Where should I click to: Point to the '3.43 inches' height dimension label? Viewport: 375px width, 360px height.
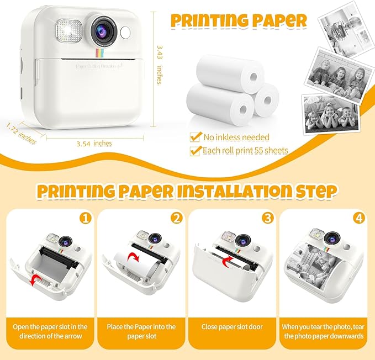click(x=159, y=65)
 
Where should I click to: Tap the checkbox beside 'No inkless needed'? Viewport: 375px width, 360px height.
click(x=194, y=136)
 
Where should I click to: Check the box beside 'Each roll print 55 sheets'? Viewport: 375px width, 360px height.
click(x=194, y=150)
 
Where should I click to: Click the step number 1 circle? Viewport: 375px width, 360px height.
click(x=84, y=218)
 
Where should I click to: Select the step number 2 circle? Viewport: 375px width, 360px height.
click(x=176, y=218)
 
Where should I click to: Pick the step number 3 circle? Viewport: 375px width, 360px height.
click(x=268, y=218)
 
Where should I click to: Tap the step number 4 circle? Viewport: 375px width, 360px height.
click(x=360, y=218)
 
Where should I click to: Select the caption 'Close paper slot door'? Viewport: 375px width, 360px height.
click(x=233, y=326)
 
